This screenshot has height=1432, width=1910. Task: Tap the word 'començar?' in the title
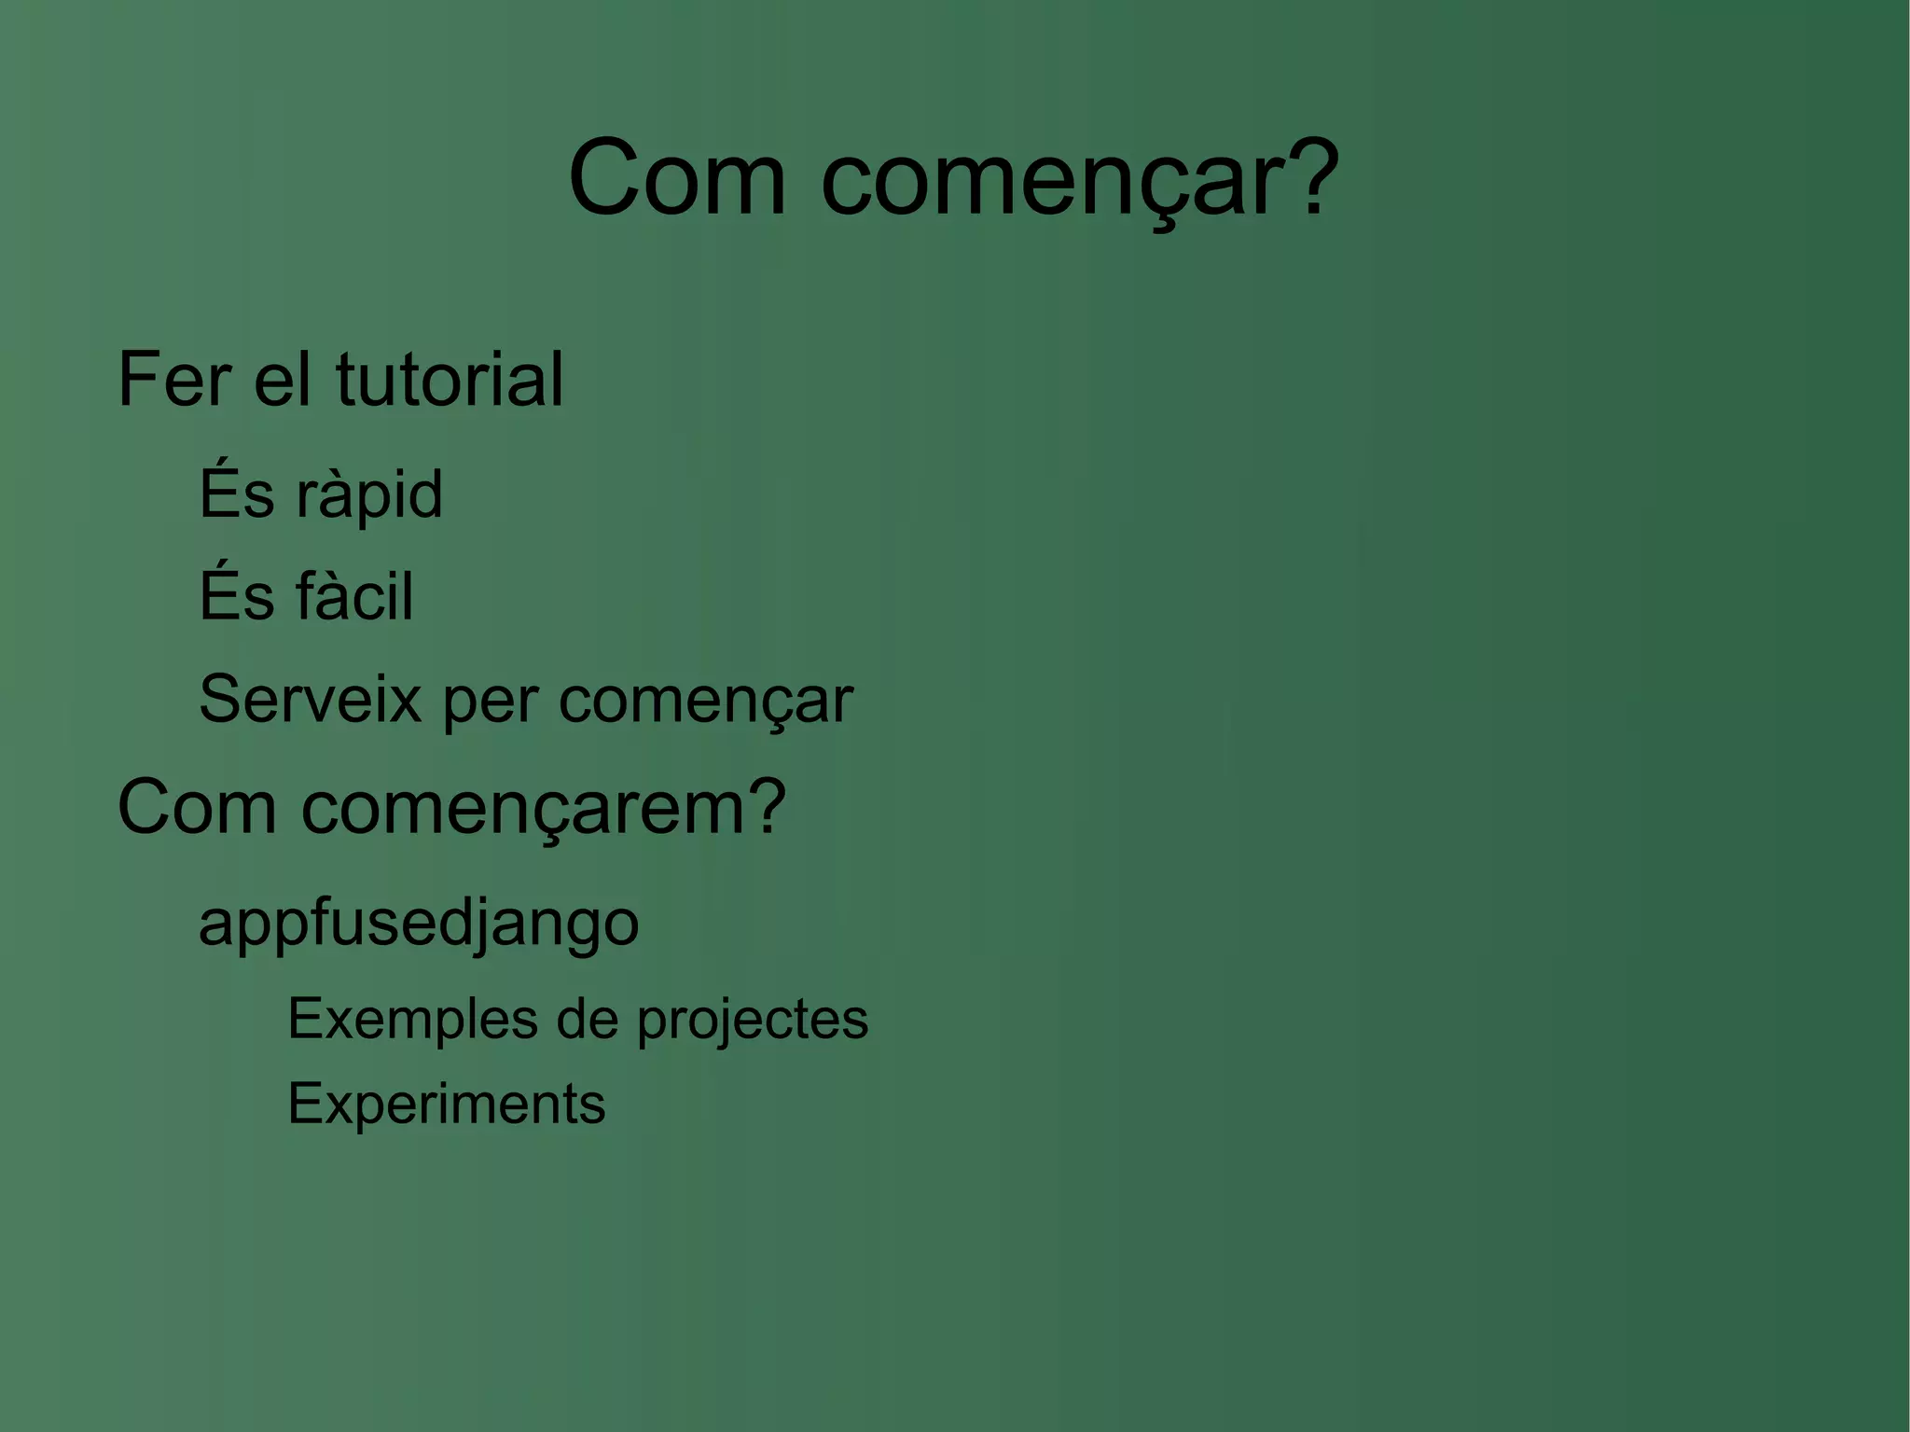1079,179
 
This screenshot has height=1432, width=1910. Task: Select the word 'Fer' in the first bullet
174,380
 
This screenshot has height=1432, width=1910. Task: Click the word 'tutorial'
450,380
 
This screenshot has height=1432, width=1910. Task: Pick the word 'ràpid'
368,495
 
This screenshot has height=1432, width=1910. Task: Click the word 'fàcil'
353,596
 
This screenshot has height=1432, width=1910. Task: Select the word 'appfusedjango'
419,925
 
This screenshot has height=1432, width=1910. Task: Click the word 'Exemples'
412,1019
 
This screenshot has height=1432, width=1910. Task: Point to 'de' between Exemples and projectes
587,1019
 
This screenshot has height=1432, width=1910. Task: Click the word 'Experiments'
446,1105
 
